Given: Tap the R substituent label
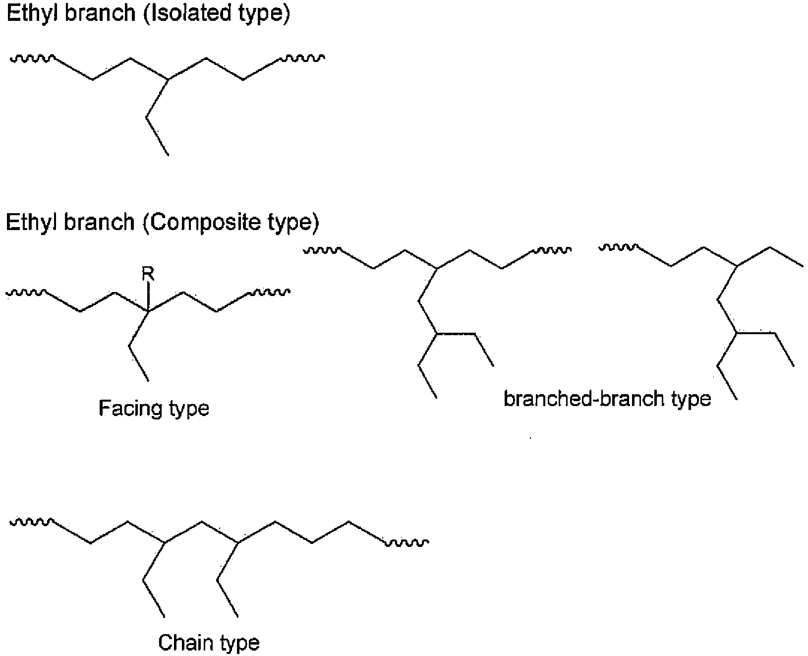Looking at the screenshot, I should [x=148, y=273].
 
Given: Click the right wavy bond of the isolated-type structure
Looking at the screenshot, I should [x=302, y=59].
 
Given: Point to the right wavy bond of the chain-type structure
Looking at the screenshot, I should [x=407, y=544].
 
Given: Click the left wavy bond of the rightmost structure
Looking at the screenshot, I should [x=618, y=246].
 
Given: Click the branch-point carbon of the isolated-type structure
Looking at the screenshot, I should [x=168, y=79].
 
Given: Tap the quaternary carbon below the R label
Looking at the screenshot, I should [x=148, y=311].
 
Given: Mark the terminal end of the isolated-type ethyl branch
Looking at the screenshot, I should [x=169, y=155].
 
